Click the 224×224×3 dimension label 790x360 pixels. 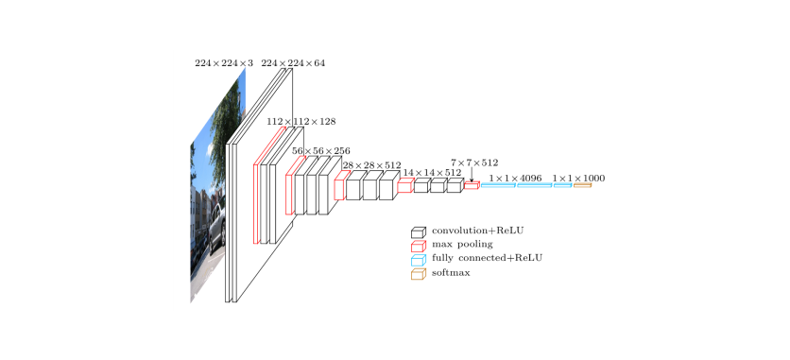224,63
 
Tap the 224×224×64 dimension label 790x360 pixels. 293,63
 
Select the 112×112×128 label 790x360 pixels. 301,122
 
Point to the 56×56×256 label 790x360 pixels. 321,151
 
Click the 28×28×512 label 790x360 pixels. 371,165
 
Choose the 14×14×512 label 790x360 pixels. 432,172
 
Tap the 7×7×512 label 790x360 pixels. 474,163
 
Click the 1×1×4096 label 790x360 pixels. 515,179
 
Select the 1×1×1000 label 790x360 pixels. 578,179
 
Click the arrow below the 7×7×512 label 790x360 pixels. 472,175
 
